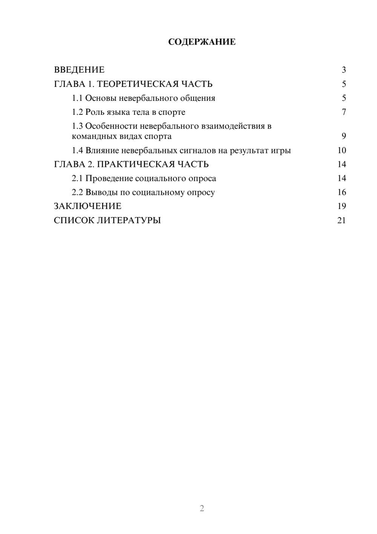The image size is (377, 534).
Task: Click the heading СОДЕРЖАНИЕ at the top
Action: pos(202,42)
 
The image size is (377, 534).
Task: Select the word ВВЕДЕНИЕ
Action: pos(79,70)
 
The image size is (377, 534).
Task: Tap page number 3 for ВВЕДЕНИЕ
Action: pos(343,70)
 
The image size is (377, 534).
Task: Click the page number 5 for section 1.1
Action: pos(343,98)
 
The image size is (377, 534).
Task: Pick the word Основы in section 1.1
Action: pos(101,98)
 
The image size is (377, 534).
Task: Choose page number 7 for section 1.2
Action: pos(343,112)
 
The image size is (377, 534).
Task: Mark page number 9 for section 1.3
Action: pos(343,136)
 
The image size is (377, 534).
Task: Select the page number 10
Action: pos(342,150)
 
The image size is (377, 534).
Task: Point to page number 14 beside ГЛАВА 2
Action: pos(342,164)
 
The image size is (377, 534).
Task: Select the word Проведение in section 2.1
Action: pos(109,178)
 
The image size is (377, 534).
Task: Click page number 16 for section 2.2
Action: pos(342,192)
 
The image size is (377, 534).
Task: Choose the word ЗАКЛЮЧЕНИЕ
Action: pos(87,206)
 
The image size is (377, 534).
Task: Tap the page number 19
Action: pos(342,206)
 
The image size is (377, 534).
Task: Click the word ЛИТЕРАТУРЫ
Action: pos(129,220)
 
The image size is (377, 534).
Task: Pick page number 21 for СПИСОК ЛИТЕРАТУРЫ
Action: pos(342,220)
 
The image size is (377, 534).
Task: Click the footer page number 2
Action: pos(202,508)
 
